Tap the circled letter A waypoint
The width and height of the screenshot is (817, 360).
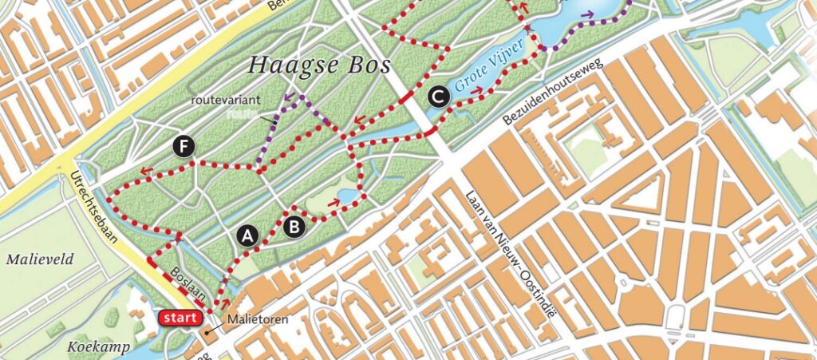248,235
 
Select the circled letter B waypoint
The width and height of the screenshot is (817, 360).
294,227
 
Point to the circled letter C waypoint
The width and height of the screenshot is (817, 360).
437,97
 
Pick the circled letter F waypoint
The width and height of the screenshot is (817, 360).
185,146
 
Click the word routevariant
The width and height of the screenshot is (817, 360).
221,101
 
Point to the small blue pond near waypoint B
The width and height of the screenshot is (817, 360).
347,196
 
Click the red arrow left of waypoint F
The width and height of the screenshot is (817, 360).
147,169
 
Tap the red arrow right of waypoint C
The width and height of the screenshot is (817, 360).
476,90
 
